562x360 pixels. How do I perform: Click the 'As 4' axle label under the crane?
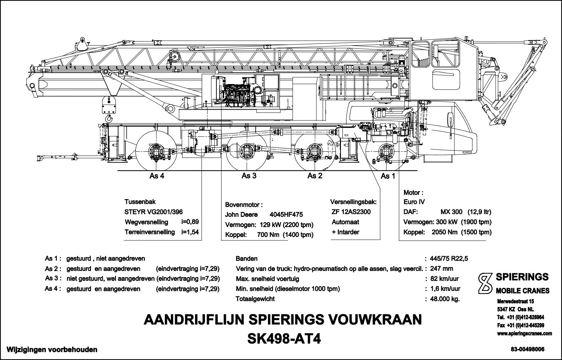[157, 176]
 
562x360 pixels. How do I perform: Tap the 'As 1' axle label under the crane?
[388, 176]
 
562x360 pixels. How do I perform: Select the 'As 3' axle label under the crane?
[249, 176]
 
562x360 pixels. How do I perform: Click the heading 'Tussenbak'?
[140, 202]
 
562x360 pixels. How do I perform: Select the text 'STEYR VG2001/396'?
[153, 212]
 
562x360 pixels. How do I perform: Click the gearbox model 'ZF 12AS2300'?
[351, 212]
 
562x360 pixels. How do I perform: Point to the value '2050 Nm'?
[444, 232]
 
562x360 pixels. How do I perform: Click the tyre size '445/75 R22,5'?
[449, 259]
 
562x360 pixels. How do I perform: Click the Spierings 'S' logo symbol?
[484, 283]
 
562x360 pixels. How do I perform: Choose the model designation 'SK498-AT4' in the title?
[284, 339]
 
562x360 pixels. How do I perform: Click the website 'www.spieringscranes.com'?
[524, 334]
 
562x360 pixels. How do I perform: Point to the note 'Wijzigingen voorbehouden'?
[49, 350]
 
